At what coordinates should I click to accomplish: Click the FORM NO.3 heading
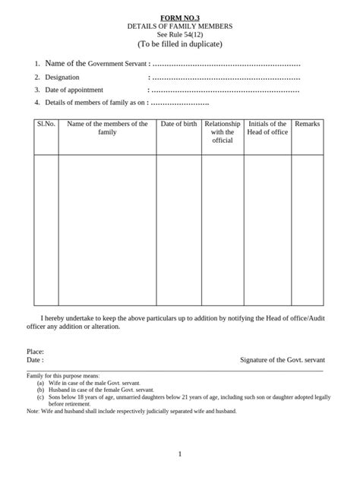180,17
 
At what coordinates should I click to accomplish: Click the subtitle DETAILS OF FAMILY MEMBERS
179,26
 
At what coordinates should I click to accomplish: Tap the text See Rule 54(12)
179,35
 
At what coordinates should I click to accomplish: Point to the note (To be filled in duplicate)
179,45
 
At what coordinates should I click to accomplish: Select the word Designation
62,77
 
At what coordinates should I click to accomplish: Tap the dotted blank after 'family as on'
181,103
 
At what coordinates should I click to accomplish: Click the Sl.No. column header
46,124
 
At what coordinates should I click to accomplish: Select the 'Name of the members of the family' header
107,128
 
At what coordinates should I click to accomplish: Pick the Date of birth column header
178,124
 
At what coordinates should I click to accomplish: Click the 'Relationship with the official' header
223,132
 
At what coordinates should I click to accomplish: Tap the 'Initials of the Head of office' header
267,128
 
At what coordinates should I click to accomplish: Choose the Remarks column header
307,124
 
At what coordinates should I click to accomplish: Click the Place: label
35,352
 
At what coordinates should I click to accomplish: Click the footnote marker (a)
39,384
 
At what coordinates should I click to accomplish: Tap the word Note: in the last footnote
33,411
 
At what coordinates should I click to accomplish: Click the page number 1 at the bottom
180,454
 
